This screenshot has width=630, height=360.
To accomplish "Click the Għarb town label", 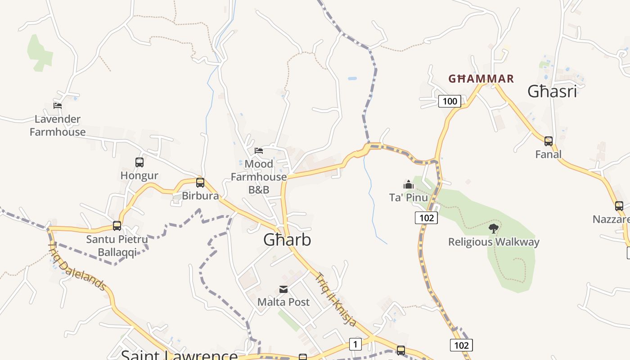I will [x=287, y=240].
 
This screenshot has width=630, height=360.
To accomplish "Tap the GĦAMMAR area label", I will [x=481, y=79].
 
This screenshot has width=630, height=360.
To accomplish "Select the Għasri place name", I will [x=552, y=91].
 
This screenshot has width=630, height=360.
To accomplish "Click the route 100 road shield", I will [x=450, y=101].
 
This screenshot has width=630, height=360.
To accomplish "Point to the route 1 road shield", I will [x=355, y=345].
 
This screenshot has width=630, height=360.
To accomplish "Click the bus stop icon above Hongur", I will [x=139, y=162].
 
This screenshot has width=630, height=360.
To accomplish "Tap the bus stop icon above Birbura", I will [x=200, y=183].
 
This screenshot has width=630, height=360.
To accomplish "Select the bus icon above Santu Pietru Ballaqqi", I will [x=117, y=226].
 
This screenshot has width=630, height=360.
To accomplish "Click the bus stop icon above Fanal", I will [x=549, y=141].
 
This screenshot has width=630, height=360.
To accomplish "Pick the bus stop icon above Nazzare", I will [x=619, y=206].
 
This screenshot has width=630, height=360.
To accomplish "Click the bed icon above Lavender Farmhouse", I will [x=58, y=106].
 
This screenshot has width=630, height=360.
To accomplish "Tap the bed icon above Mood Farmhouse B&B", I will [x=259, y=151].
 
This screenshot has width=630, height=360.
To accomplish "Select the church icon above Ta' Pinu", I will [x=409, y=184].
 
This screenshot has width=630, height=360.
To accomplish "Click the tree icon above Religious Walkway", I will [x=494, y=229].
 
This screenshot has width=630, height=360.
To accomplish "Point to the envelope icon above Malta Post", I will [x=283, y=289].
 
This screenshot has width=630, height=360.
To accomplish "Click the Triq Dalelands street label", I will [x=76, y=266].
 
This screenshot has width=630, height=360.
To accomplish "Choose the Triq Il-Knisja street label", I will [x=336, y=299].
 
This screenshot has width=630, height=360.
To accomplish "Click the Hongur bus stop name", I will [x=139, y=175].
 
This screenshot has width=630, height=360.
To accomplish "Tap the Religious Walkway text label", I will [x=494, y=242].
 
